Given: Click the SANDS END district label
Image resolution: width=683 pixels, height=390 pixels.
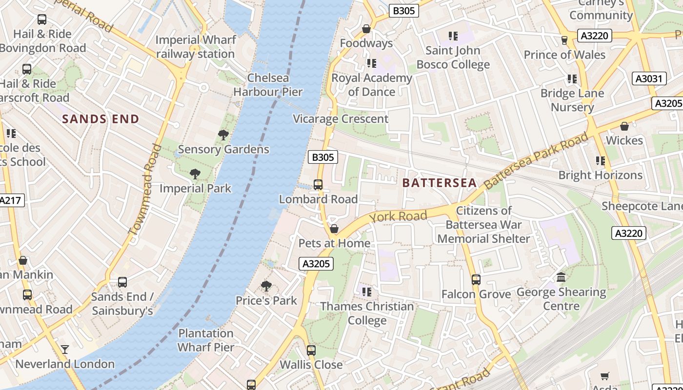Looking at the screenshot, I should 100,119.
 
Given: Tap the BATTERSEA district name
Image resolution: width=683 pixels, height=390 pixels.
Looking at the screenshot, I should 439,183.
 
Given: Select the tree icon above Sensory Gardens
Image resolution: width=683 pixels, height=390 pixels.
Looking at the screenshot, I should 223,135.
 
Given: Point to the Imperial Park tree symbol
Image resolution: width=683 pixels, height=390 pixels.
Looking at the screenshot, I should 195,174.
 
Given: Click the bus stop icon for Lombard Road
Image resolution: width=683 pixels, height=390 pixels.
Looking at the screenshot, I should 318,185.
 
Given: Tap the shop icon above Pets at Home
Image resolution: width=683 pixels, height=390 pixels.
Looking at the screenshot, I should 334,229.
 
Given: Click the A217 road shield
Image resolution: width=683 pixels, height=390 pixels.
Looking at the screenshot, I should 11,200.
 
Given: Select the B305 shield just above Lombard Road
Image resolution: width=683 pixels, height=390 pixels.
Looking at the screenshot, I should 323,157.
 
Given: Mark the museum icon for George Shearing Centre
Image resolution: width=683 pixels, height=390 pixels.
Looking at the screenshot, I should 561,277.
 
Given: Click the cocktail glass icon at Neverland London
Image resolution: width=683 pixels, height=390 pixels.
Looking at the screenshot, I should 64,350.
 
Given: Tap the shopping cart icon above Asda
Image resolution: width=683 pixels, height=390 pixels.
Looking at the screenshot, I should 605,376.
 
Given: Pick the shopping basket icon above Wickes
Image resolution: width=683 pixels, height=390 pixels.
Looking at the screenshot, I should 624,126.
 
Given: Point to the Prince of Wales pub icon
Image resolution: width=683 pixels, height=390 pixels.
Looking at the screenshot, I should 564,40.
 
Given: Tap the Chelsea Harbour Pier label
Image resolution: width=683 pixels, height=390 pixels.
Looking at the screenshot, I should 268,85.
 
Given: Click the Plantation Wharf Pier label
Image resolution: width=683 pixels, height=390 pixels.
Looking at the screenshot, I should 206,340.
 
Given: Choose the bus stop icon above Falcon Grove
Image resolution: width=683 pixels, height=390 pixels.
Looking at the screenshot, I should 476,280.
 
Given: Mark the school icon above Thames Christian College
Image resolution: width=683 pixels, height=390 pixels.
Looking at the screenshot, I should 367,292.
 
